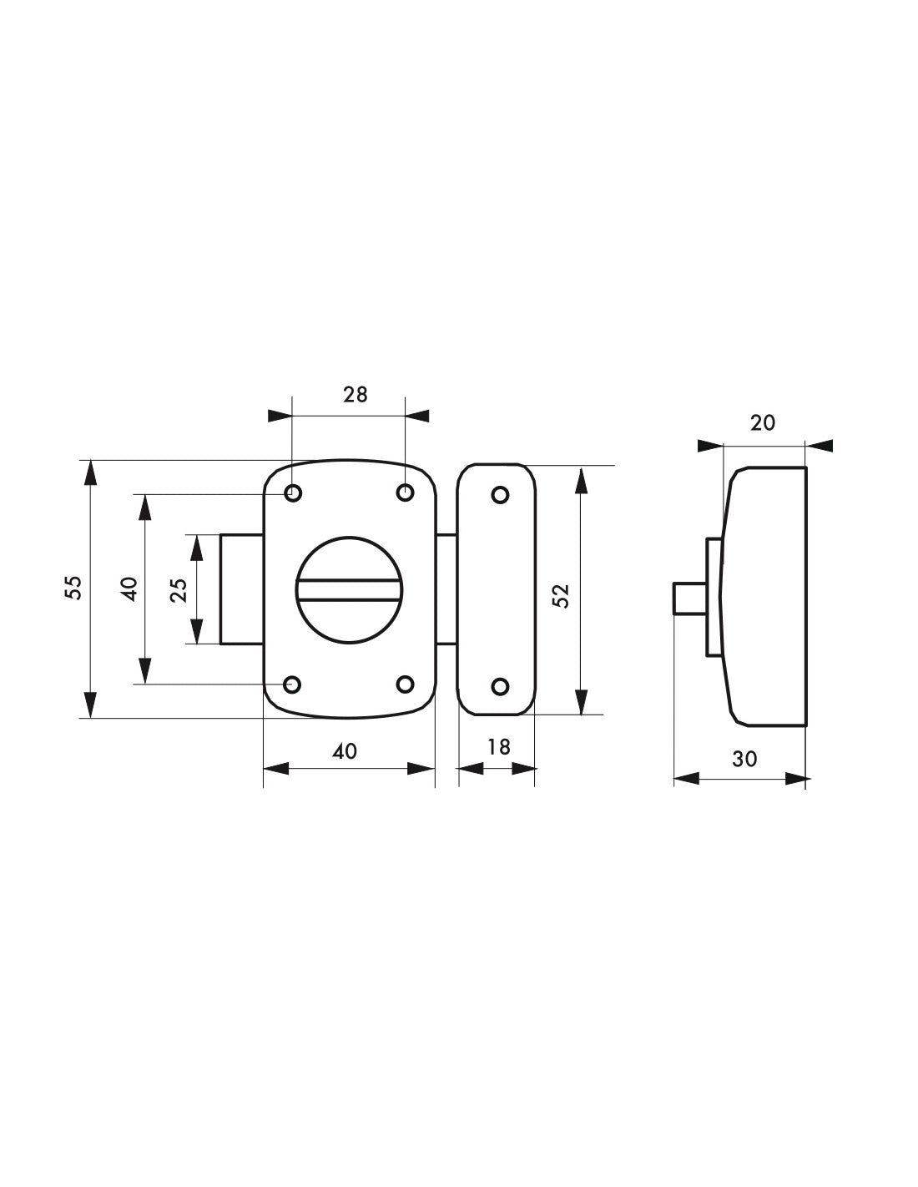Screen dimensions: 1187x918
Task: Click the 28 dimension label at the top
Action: pyautogui.click(x=355, y=395)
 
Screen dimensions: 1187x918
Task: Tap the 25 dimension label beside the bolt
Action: pyautogui.click(x=179, y=589)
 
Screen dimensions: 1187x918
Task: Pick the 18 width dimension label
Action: pyautogui.click(x=498, y=747)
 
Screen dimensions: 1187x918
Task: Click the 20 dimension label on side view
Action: pyautogui.click(x=762, y=423)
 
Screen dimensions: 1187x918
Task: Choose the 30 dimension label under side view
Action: pyautogui.click(x=744, y=759)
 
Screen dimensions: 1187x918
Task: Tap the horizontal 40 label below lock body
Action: pyautogui.click(x=344, y=751)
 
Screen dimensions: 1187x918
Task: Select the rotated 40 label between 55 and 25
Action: pyautogui.click(x=128, y=588)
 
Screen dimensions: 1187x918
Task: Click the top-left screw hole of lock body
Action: pyautogui.click(x=293, y=493)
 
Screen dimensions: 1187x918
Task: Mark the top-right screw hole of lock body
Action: pyautogui.click(x=405, y=493)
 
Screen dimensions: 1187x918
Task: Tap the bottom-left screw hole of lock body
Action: pyautogui.click(x=293, y=684)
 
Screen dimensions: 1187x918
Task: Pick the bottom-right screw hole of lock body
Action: pyautogui.click(x=405, y=684)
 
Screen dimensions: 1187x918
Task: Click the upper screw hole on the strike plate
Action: pyautogui.click(x=500, y=495)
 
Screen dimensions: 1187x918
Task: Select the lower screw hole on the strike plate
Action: pyautogui.click(x=500, y=687)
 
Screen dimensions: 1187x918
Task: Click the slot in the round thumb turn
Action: pyautogui.click(x=350, y=590)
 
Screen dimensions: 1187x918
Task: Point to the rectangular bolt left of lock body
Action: pyautogui.click(x=242, y=589)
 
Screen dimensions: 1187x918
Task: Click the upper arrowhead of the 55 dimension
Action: pyautogui.click(x=90, y=472)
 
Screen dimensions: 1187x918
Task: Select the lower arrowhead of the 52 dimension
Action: pyautogui.click(x=580, y=703)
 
